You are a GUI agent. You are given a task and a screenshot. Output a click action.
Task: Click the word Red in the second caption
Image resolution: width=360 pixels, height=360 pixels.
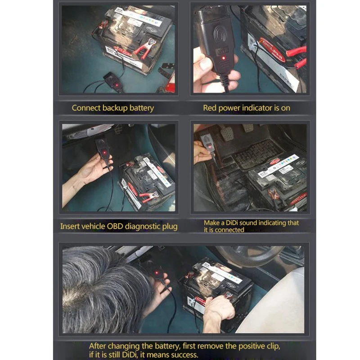(x=210, y=108)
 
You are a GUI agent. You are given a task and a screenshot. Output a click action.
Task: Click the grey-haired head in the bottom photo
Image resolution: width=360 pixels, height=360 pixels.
(x=103, y=288)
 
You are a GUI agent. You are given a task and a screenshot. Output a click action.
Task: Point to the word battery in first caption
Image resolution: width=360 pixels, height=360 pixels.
(x=140, y=108)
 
